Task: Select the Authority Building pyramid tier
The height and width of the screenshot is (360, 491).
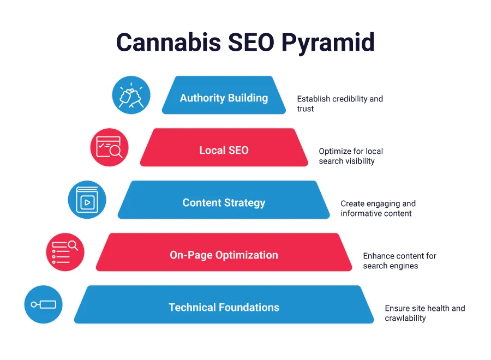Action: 224,98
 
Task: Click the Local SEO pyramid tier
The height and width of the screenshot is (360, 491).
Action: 224,150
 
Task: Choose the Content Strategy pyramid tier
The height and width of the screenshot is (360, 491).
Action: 224,202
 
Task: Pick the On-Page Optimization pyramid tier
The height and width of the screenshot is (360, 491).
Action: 224,255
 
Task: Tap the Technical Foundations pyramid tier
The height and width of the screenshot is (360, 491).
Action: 224,307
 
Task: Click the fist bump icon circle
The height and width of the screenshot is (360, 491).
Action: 131,95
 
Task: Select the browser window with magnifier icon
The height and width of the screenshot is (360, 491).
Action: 109,147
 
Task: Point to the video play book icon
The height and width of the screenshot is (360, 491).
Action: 87,200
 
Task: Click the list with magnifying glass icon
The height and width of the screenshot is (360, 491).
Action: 65,252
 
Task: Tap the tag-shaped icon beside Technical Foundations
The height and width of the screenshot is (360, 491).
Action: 44,304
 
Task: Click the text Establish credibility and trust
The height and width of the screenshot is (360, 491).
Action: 339,104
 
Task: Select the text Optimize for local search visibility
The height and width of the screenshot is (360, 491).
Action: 351,156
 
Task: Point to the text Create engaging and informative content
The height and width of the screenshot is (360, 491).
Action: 378,208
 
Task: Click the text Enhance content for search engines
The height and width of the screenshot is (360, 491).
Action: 399,261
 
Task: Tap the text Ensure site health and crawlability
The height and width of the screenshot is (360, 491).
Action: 424,313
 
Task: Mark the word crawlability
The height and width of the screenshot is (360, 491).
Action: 405,318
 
